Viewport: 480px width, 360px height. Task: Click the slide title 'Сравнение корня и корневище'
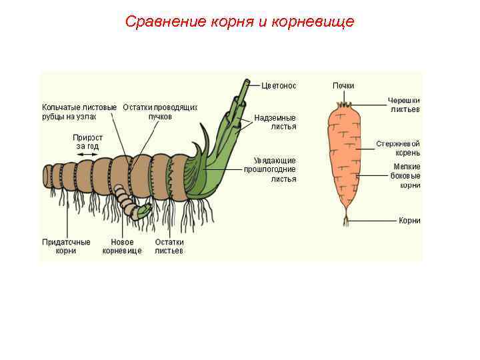pos(239,22)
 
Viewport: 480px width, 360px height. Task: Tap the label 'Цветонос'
pos(279,85)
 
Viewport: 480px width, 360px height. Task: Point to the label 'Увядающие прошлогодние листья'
pos(275,169)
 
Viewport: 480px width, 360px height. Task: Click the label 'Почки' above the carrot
pos(343,85)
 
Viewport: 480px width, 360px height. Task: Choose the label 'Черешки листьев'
pos(405,105)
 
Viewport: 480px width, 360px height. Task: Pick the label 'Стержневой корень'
pos(398,148)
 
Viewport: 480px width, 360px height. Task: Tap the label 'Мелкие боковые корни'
pos(406,176)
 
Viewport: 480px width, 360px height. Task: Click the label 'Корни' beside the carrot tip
pos(409,221)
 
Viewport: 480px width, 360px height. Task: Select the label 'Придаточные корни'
pos(66,247)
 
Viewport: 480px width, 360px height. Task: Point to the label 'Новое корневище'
pos(122,247)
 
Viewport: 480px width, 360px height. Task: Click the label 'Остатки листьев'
pos(169,247)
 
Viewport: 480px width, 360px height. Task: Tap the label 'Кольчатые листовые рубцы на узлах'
pos(79,111)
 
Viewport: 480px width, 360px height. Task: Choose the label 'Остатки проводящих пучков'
pos(160,111)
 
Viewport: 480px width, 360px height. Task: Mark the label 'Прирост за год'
pos(87,141)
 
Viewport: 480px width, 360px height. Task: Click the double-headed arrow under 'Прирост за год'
pos(87,154)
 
